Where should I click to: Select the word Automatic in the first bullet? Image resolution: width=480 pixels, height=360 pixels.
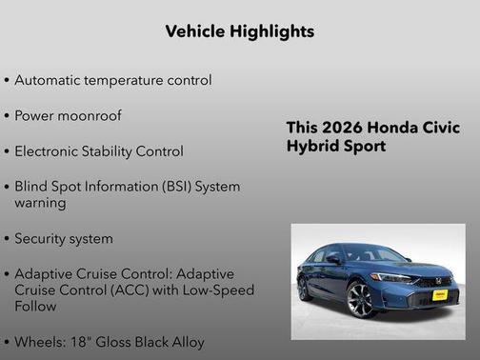50,80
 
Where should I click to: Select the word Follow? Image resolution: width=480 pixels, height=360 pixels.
35,307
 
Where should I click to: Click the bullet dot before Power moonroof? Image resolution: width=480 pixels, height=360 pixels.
7,116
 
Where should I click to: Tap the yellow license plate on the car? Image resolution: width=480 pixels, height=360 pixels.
441,296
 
